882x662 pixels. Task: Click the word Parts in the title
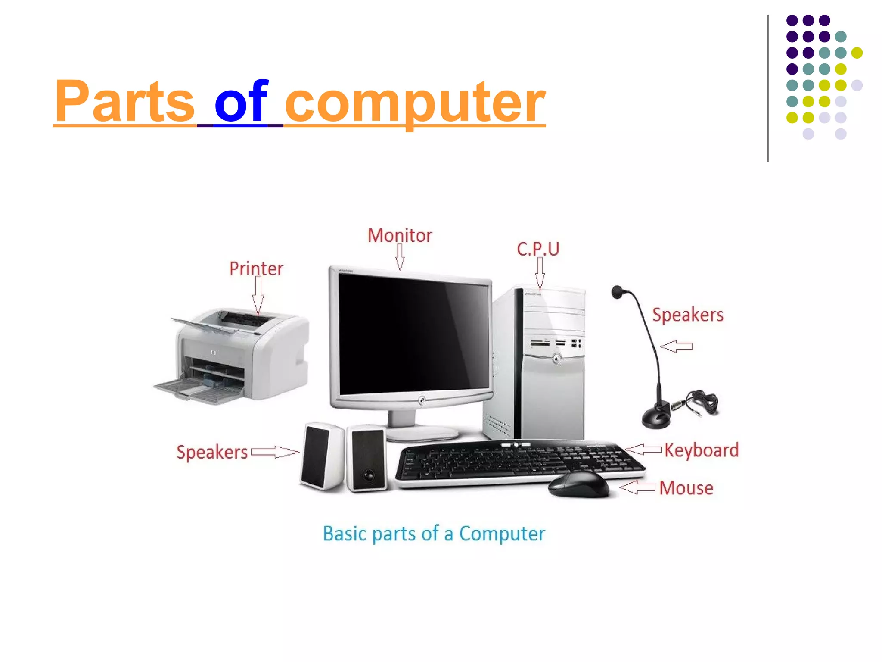(x=125, y=102)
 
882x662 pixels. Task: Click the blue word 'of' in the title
(x=242, y=102)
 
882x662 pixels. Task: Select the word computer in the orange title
(x=415, y=103)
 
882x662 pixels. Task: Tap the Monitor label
(x=400, y=236)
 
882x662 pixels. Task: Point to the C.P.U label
(x=538, y=249)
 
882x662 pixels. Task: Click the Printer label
(x=256, y=269)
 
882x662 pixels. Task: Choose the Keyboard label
(x=701, y=450)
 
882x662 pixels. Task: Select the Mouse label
(x=686, y=488)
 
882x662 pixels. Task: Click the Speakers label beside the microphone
(x=688, y=315)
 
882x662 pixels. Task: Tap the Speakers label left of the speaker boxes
(x=212, y=452)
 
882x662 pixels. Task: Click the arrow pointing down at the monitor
(x=400, y=257)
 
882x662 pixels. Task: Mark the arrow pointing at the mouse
(x=638, y=487)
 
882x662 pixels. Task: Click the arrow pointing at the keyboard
(x=643, y=450)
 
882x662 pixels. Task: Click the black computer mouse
(x=578, y=484)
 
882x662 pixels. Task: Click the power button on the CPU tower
(x=557, y=358)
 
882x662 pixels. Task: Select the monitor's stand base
(x=422, y=434)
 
